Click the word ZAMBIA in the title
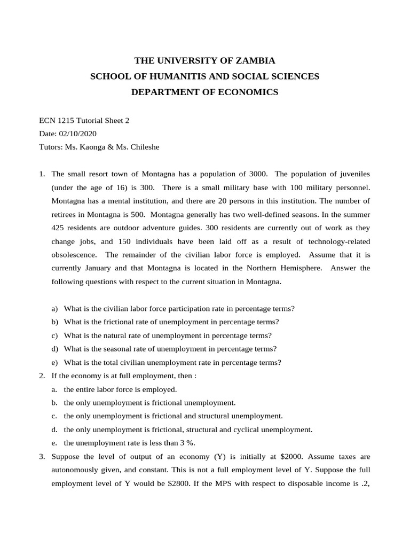pos(255,60)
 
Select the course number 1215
pos(68,121)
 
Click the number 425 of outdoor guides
pos(60,228)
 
